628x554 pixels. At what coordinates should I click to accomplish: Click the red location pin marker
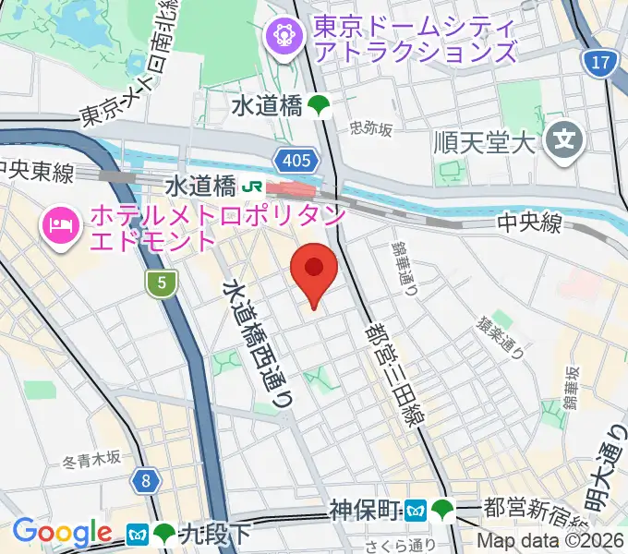(x=314, y=271)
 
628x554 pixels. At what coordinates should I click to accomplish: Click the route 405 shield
(x=296, y=161)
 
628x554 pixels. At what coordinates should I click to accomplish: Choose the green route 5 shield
(x=162, y=285)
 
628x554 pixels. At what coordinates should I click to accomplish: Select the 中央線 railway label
(x=529, y=223)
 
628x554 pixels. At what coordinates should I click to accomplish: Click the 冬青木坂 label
(x=92, y=458)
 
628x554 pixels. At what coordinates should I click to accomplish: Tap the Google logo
(x=62, y=533)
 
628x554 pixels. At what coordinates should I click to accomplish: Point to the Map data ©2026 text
(x=550, y=542)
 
